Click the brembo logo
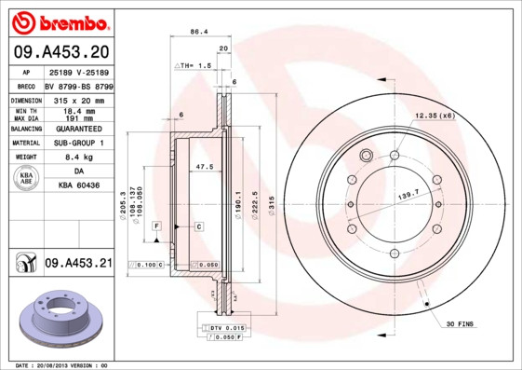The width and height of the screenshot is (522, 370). click(x=59, y=21)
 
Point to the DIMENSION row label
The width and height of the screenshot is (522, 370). click(x=26, y=99)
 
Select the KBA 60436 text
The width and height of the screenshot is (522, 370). click(x=79, y=186)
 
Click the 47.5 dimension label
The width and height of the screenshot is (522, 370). click(x=205, y=167)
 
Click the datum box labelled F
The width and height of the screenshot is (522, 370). click(x=157, y=226)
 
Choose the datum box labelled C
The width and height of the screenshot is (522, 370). click(x=198, y=226)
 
